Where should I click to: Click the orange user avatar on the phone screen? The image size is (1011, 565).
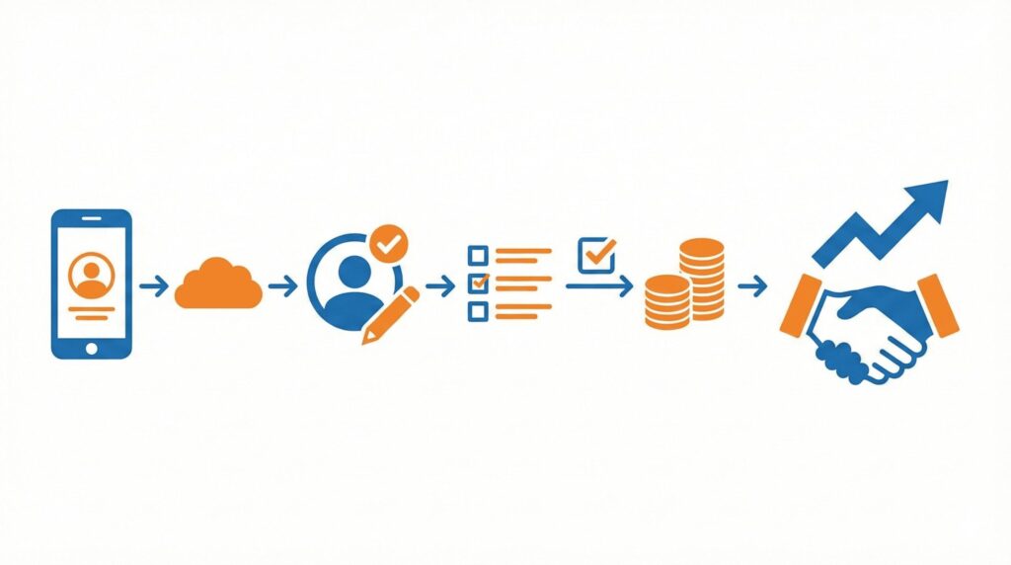click(91, 276)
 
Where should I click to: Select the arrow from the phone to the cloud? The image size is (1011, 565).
click(153, 286)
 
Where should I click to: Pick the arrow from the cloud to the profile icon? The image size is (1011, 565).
click(282, 286)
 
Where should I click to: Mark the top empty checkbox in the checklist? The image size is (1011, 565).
click(478, 255)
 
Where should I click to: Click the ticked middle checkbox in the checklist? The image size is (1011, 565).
click(478, 283)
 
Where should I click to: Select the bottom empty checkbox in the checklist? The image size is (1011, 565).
click(478, 311)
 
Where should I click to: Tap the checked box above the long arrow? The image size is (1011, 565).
click(596, 254)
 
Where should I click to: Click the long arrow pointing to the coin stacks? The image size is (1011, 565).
click(599, 286)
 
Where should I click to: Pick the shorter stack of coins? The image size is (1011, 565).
click(666, 301)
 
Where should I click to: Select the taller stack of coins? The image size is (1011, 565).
click(702, 280)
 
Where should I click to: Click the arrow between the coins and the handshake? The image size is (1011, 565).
click(752, 286)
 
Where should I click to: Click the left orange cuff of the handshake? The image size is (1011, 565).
click(801, 304)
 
